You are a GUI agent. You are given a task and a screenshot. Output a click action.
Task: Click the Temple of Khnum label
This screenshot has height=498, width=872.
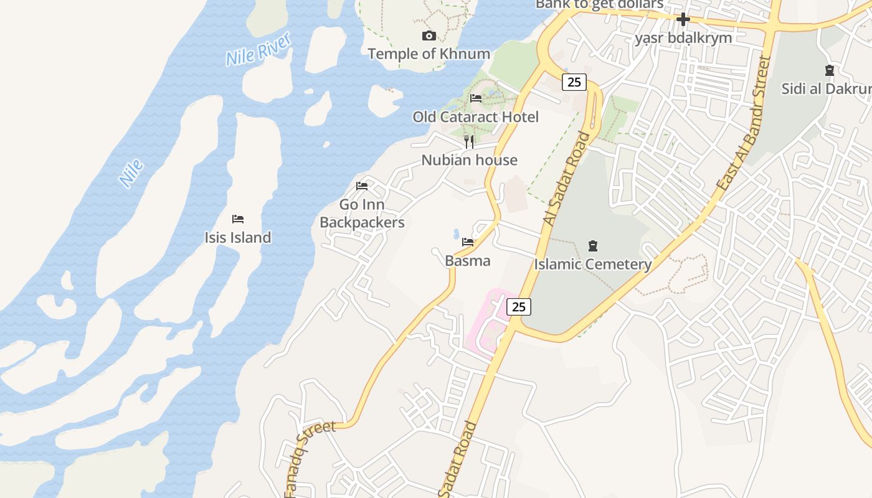429,54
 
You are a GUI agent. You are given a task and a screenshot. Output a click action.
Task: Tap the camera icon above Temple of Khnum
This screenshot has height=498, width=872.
429,35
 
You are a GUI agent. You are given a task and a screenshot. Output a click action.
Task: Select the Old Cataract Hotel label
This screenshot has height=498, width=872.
475,116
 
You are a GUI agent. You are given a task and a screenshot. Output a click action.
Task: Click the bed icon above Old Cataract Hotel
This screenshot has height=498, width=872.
476,98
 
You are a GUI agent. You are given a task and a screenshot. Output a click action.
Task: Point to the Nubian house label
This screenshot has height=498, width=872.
469,160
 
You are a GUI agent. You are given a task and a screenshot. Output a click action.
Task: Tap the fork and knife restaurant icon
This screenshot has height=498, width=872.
469,142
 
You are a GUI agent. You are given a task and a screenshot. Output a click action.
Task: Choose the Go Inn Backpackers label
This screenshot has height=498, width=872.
362,214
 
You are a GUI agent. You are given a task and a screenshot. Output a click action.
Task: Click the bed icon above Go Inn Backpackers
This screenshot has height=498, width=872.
362,186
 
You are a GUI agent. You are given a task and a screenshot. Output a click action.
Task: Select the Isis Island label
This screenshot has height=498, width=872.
237,237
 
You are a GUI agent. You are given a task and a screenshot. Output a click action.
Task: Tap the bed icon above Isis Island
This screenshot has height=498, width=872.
237,219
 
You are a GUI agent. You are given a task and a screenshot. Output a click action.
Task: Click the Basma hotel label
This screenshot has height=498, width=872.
467,260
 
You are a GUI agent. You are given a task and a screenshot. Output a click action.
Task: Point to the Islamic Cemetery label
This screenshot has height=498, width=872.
592,264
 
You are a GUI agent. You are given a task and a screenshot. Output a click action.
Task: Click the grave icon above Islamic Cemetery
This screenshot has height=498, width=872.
592,246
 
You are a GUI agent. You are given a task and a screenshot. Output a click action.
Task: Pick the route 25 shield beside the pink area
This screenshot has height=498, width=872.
518,306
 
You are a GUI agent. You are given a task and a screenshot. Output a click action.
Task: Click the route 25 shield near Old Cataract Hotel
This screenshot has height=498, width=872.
574,82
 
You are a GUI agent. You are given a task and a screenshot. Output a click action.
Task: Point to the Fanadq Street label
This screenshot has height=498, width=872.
309,456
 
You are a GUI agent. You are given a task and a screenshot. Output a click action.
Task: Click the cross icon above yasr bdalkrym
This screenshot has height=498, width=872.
683,19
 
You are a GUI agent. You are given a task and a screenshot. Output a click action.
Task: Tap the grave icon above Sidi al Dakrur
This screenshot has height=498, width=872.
829,70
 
